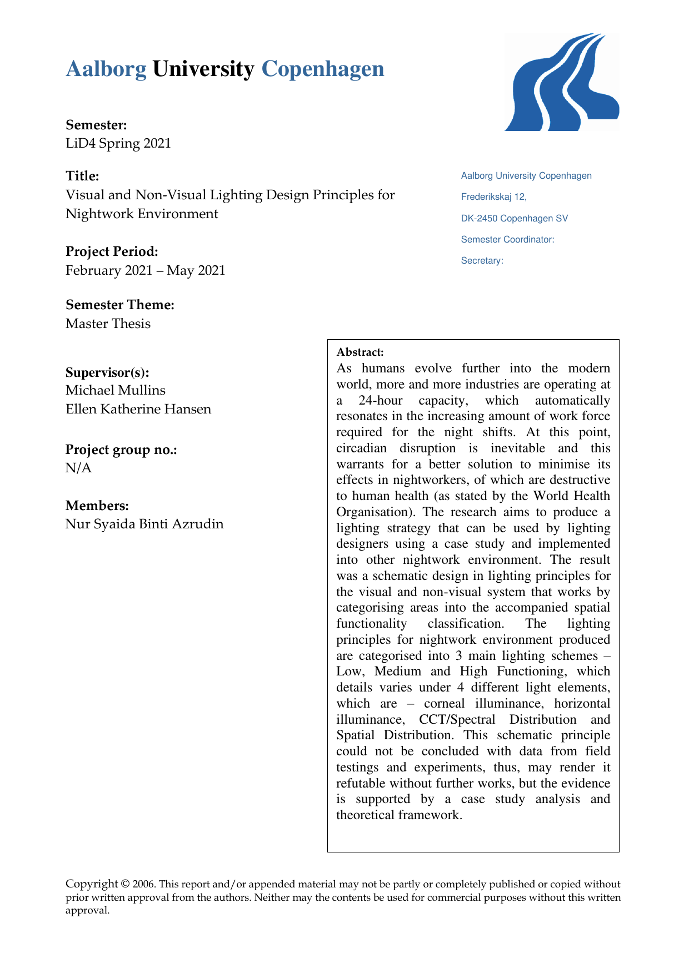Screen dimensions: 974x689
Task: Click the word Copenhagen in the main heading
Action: [323, 69]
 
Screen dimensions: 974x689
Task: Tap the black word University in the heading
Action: [203, 69]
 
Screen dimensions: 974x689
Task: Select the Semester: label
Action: [96, 125]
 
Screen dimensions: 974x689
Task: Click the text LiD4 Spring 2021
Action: [118, 143]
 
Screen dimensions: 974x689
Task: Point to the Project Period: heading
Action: [112, 251]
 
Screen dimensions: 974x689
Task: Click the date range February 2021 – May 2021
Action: [146, 270]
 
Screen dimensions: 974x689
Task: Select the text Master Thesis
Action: [108, 324]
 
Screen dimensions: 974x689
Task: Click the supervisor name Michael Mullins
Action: [116, 390]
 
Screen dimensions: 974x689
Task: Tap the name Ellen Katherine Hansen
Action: [138, 409]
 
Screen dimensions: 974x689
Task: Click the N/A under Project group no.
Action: [78, 468]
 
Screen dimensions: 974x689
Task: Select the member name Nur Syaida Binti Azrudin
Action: [144, 524]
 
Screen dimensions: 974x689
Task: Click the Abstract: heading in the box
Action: [360, 352]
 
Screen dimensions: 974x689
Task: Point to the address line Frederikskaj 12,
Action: [493, 197]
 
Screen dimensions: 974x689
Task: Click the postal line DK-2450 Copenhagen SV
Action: [515, 218]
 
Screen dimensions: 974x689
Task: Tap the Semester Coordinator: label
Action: [507, 239]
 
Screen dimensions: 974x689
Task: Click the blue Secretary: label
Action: [482, 260]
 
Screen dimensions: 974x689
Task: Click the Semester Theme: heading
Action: [120, 305]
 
